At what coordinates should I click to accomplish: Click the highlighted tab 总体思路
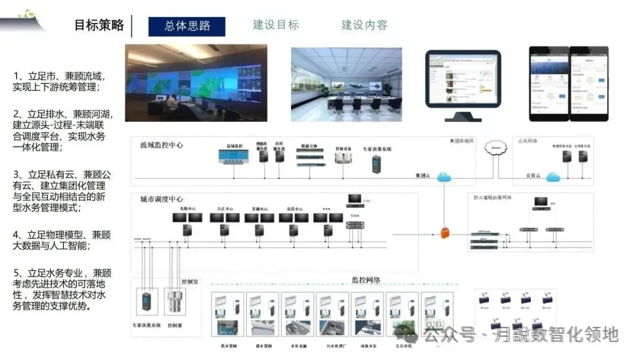[187, 26]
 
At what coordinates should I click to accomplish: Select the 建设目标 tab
[276, 25]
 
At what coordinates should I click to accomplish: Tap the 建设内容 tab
[364, 25]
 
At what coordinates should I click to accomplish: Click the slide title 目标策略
[99, 25]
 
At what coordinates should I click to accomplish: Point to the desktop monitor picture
[463, 81]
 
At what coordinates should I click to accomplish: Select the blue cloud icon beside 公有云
[553, 176]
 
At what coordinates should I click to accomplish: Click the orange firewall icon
[444, 233]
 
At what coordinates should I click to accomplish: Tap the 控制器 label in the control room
[175, 326]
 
